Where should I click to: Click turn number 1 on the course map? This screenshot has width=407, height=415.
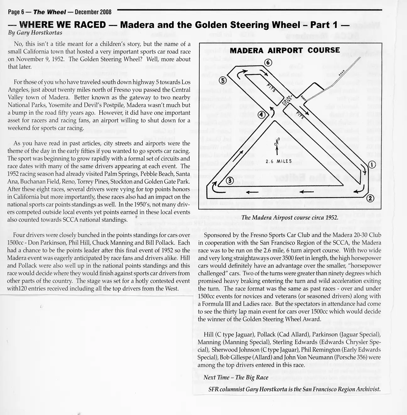371,164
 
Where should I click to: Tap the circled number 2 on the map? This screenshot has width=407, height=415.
371,198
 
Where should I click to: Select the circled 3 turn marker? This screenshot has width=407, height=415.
229,180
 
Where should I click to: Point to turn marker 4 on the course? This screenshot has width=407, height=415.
261,115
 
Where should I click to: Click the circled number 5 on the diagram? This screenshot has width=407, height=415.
223,80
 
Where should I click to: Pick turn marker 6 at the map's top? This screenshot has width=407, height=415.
268,62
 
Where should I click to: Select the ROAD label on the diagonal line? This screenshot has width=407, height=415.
342,72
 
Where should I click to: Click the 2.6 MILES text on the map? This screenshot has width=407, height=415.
279,162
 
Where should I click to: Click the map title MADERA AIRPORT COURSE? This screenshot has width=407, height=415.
285,51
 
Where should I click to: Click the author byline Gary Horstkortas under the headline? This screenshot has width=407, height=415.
35,33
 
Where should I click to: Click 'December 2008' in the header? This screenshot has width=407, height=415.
93,12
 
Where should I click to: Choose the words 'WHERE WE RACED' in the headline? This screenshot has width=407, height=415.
62,24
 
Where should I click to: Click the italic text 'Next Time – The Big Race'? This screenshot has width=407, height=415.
236,377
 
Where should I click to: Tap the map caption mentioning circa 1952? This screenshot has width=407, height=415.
290,218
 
